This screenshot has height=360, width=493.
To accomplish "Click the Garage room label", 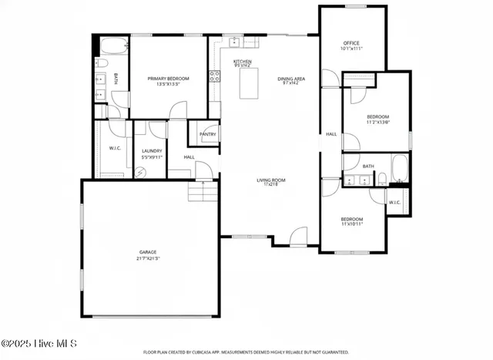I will [x=148, y=251].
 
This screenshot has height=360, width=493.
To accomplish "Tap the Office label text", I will [x=351, y=43].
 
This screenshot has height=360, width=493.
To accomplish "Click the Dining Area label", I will [x=291, y=79].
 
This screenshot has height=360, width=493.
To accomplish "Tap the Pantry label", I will [x=208, y=134].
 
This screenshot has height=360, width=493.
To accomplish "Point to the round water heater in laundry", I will [x=139, y=173].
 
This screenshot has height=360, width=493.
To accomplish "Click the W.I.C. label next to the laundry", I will [x=115, y=148].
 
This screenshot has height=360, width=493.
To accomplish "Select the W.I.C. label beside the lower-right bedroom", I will [x=394, y=203].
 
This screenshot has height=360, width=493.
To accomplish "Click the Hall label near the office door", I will [x=331, y=134].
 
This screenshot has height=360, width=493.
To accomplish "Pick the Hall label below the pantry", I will [x=189, y=157].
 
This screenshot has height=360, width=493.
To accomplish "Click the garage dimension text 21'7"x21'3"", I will [x=148, y=257].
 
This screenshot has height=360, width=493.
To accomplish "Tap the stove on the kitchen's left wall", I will [x=214, y=76].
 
